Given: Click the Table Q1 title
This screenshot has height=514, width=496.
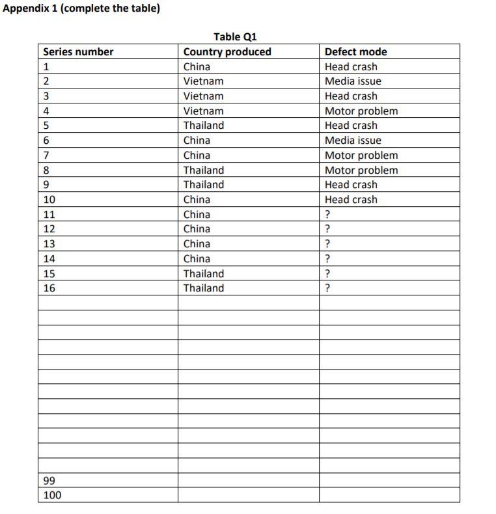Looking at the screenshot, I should (235, 36).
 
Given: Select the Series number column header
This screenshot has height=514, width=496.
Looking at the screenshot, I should (78, 52).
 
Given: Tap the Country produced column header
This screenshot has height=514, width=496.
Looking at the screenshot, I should (227, 52).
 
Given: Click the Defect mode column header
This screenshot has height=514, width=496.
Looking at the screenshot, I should (355, 52).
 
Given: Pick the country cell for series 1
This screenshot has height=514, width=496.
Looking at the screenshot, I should (197, 66).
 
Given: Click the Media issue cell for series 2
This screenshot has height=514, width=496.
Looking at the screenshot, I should (353, 81).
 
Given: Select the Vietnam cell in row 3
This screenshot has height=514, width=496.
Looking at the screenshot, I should (203, 96).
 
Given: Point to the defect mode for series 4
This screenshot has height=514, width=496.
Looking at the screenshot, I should (361, 111).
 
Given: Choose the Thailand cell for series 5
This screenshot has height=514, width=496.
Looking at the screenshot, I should (203, 126).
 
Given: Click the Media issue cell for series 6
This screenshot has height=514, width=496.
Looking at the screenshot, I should (353, 141).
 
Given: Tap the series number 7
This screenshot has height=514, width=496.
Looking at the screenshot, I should (46, 156).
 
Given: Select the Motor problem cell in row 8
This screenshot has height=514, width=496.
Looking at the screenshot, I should (361, 170).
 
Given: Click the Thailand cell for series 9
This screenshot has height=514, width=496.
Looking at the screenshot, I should (203, 185).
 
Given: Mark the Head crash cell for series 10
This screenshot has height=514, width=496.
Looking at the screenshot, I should (351, 200).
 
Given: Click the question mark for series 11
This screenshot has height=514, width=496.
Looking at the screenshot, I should (327, 215).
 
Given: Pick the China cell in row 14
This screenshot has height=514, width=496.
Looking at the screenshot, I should (197, 259).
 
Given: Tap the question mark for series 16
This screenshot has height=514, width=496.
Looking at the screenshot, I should (327, 288).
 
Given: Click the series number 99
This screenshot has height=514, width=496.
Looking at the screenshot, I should (49, 481).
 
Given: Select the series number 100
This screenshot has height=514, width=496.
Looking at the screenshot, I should (51, 496).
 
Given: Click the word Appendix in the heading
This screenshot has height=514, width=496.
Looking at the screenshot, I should (27, 9).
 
